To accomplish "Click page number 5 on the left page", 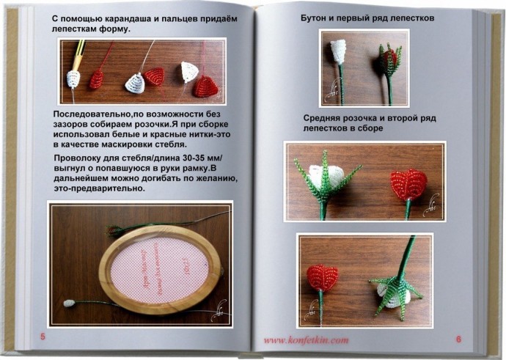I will (43, 337).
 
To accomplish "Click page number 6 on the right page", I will (458, 339).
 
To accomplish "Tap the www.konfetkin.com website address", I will (306, 339).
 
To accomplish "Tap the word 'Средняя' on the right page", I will (326, 118).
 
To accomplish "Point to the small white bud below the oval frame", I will (70, 302).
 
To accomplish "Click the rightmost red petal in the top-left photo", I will (206, 85).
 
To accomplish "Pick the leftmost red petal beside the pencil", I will (96, 78).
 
